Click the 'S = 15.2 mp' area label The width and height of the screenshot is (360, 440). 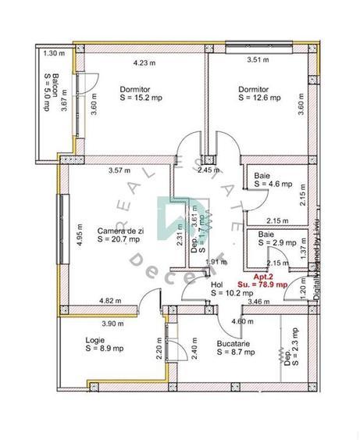point(141,98)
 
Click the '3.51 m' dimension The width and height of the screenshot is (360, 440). point(258,59)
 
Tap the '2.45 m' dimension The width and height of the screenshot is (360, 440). point(209,170)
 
